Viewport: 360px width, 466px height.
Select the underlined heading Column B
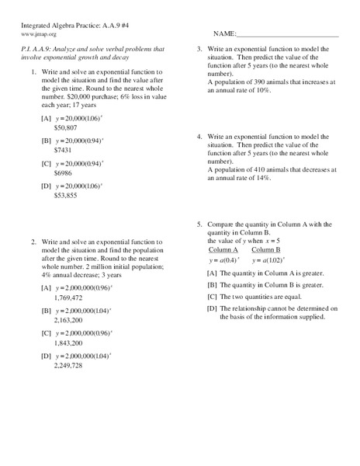[x=267, y=250]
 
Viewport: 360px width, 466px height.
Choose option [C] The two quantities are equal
[x=264, y=297]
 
